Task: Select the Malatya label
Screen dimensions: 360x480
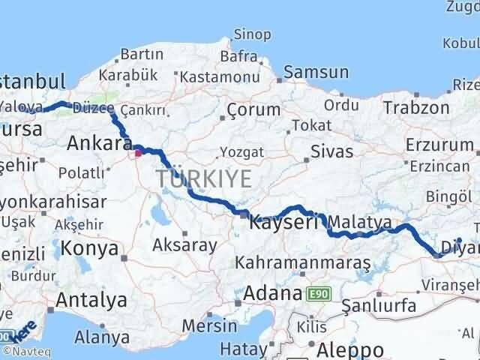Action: click(x=360, y=222)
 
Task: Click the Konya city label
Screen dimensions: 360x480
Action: click(x=89, y=248)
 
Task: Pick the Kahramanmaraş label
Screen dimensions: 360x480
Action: click(x=303, y=263)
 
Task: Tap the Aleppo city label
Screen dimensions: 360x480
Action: click(x=349, y=349)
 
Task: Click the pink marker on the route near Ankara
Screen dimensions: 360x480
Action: click(x=138, y=156)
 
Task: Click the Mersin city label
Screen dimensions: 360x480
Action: click(x=210, y=326)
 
